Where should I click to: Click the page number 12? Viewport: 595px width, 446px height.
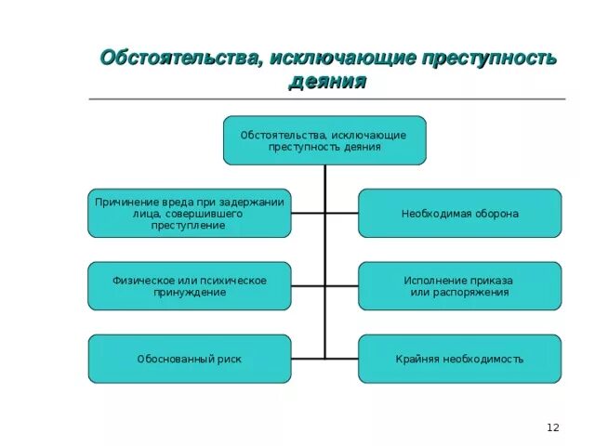pos(553,426)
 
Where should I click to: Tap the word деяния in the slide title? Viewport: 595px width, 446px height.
pos(327,82)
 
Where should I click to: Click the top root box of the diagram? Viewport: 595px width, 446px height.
pos(324,140)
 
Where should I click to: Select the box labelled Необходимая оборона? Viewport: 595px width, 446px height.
pos(459,214)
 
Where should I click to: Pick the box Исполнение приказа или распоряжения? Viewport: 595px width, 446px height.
pos(459,286)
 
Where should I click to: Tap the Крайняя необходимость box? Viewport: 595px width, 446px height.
pos(459,359)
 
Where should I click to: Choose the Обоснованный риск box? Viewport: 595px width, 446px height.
pos(189,359)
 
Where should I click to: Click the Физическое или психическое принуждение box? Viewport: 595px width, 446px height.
pos(189,286)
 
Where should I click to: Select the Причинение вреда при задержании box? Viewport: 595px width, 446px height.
pos(189,214)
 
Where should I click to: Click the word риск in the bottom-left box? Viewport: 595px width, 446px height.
pos(227,359)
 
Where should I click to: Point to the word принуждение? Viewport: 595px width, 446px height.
pos(189,293)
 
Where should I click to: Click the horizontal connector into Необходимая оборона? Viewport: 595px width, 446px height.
pos(341,214)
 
